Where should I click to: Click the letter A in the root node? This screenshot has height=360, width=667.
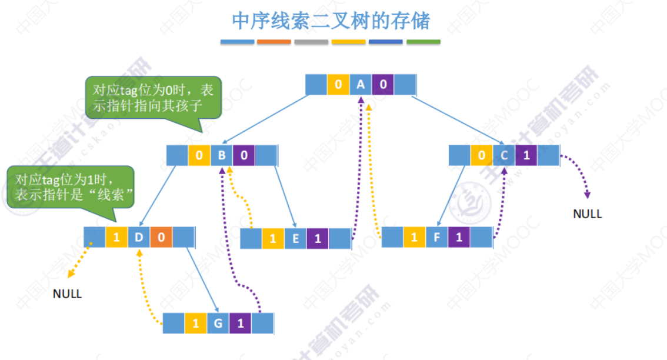click(361, 85)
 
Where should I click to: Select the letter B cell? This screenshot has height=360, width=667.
click(222, 156)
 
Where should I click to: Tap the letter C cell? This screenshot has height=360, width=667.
click(504, 156)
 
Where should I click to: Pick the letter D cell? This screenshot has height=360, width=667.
click(139, 238)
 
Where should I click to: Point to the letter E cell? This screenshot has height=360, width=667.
click(295, 238)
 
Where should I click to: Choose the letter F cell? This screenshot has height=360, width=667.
click(436, 238)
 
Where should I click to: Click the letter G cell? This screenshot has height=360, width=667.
click(218, 323)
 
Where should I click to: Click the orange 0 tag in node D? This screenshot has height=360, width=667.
click(161, 238)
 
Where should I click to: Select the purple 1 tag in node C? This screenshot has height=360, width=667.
click(526, 156)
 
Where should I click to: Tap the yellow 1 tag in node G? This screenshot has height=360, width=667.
click(195, 323)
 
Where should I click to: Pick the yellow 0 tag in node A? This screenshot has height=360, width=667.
click(338, 85)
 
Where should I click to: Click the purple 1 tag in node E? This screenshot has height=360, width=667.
click(318, 238)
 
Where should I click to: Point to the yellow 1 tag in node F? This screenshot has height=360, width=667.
click(414, 238)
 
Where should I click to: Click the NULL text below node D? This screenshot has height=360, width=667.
click(67, 294)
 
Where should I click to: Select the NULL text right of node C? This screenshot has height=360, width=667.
click(588, 214)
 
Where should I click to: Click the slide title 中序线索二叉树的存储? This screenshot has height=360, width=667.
click(331, 21)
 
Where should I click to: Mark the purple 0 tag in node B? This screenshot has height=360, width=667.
click(244, 156)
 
